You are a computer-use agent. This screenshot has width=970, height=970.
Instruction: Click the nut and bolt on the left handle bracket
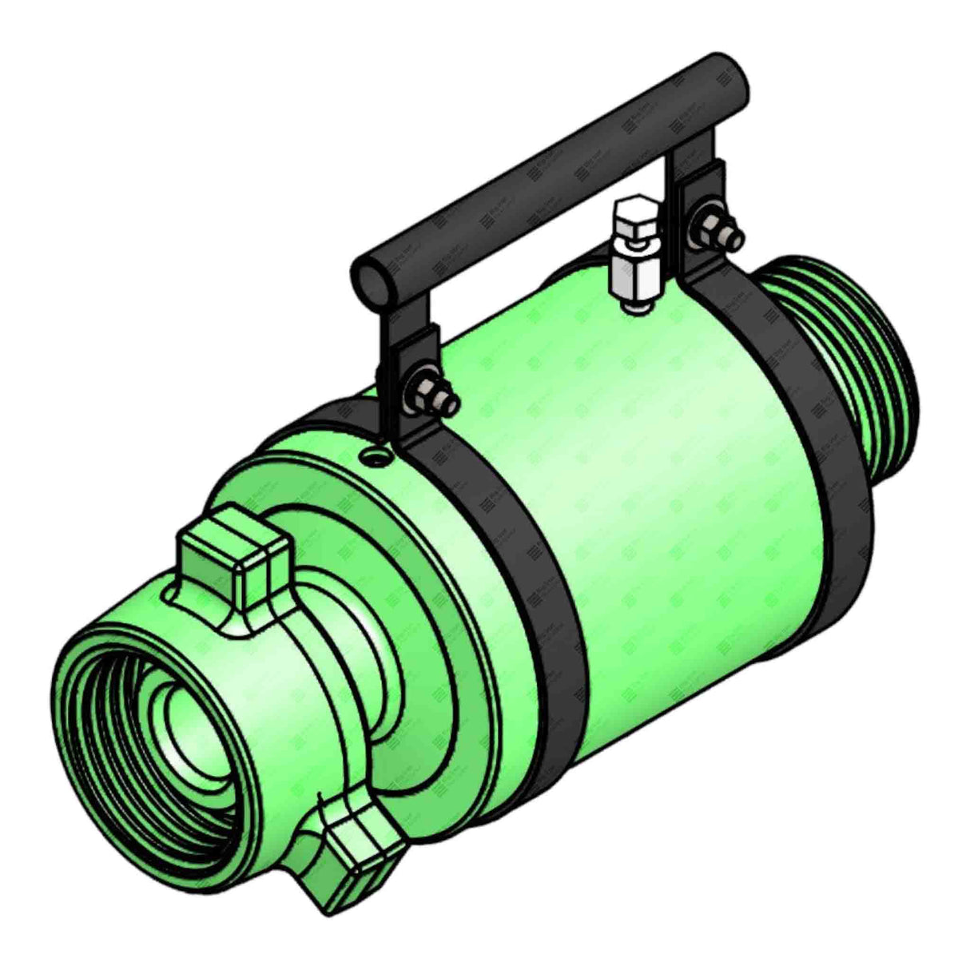point(432,392)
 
